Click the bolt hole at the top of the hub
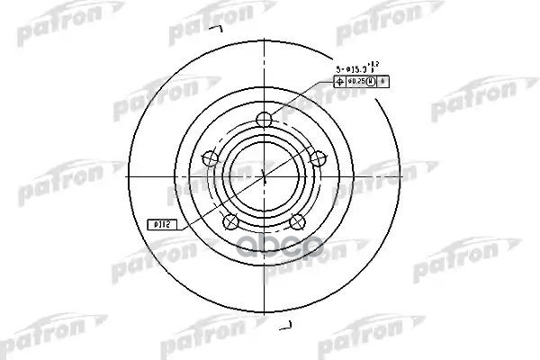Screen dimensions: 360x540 pos(263,120)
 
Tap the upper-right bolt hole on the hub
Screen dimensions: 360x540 pos(317,157)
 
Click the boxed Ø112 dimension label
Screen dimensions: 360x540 pos(158,223)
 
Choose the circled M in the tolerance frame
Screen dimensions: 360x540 pos(372,81)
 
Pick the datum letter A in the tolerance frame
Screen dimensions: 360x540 pos(383,81)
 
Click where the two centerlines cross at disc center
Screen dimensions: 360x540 pos(263,175)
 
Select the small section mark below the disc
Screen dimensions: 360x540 pos(287,324)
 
